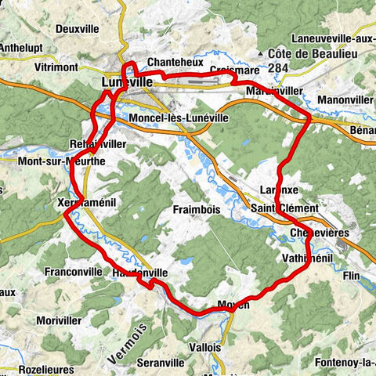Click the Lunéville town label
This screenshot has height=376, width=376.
point(125,81)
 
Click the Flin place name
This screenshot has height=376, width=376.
point(350,275)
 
